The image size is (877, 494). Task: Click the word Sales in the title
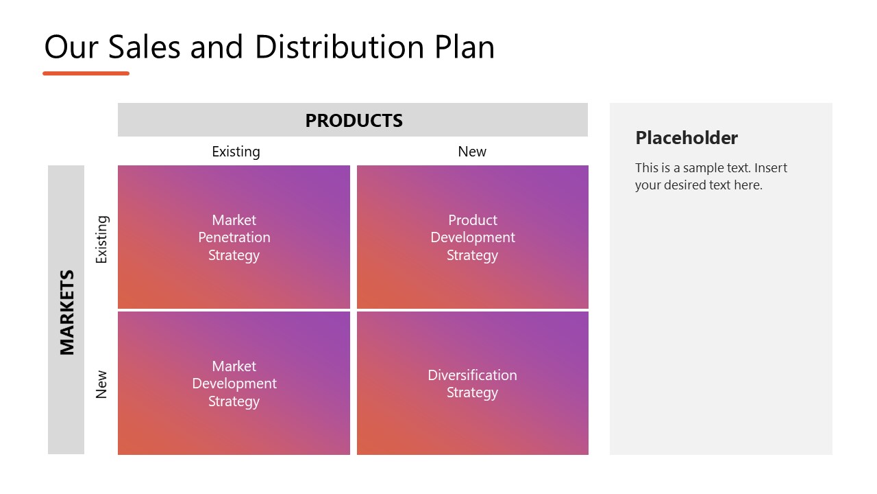[x=143, y=47]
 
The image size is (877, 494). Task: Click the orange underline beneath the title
[x=86, y=73]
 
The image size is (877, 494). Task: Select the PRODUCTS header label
[x=354, y=121]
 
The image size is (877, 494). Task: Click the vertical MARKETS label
[x=66, y=312]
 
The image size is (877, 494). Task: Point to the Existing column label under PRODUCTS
[x=236, y=152]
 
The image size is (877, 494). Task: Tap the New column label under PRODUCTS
[x=472, y=152]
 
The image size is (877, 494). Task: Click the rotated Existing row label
[x=101, y=239]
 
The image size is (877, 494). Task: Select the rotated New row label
[x=101, y=384]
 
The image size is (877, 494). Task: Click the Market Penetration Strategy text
[x=234, y=237]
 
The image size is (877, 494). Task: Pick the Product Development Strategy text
[x=473, y=237]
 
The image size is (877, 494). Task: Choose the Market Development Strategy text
[x=234, y=384]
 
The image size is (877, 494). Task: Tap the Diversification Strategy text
[x=473, y=384]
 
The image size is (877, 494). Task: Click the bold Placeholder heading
[x=687, y=138]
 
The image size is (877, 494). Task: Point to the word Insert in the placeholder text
[x=771, y=168]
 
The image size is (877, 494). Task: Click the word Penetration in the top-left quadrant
[x=234, y=237]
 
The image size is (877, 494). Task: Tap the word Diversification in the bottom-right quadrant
[x=473, y=375]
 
